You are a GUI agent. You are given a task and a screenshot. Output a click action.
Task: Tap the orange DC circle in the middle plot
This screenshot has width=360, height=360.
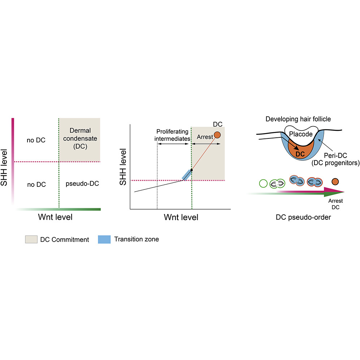tap(217, 135)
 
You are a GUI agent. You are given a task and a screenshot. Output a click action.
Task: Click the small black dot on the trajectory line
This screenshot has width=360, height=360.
tap(192, 170)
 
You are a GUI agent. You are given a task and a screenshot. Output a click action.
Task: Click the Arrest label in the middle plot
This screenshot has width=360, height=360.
tap(205, 137)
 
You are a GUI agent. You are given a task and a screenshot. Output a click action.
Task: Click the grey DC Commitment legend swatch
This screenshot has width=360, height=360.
tap(31, 239)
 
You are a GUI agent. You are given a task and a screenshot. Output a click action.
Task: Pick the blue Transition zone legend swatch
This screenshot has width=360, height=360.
tap(104, 239)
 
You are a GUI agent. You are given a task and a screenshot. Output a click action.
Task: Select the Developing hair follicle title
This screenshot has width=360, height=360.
tap(298, 119)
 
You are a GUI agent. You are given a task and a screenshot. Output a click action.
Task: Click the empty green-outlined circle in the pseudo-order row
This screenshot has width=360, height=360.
tap(263, 184)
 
